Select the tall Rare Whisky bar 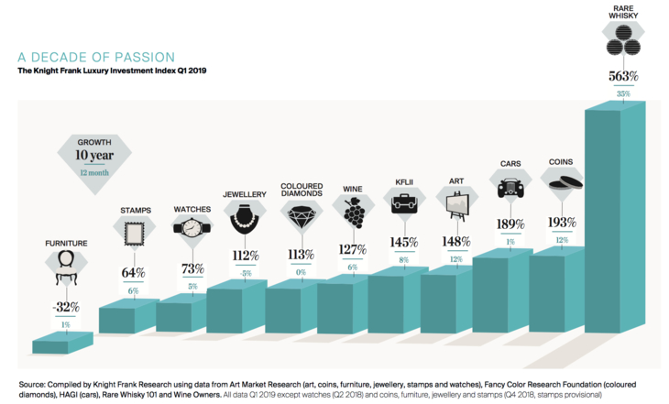pyautogui.click(x=616, y=229)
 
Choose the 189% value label pyautogui.click(x=510, y=224)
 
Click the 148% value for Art pyautogui.click(x=455, y=242)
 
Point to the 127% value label pyautogui.click(x=353, y=248)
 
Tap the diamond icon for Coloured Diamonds pyautogui.click(x=301, y=218)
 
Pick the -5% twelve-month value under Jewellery pyautogui.click(x=245, y=272)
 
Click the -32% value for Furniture pyautogui.click(x=64, y=306)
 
